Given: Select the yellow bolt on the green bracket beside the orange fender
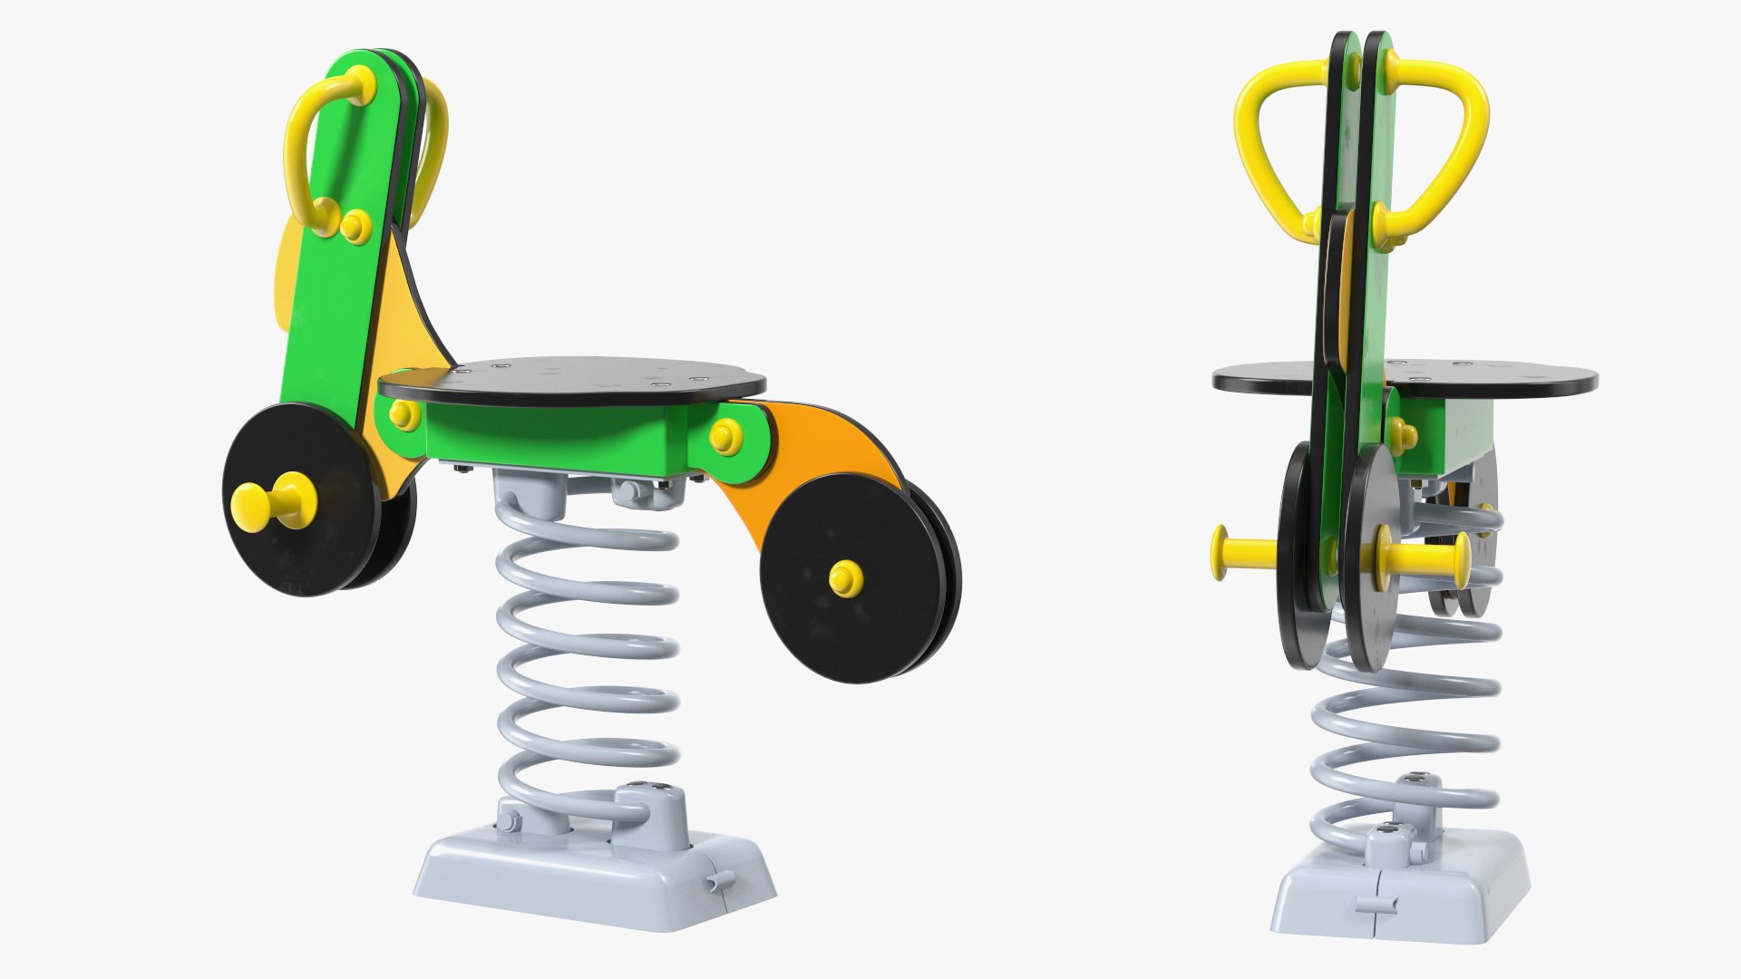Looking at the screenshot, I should pos(723,436).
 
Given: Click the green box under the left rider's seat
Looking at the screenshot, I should pos(553,435).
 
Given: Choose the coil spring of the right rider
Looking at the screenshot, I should pos(1401,725).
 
